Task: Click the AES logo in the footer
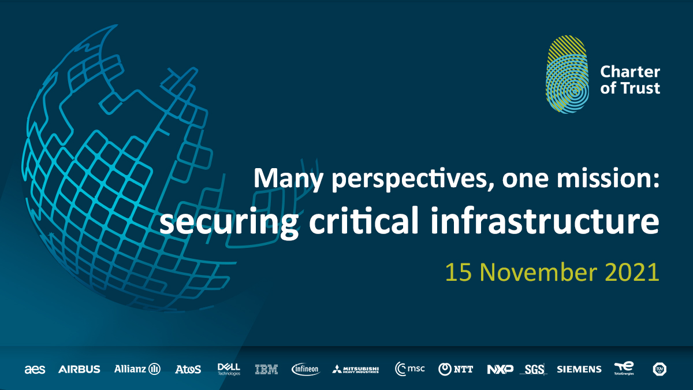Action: click(35, 369)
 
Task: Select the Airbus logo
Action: click(79, 369)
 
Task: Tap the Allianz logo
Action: click(137, 369)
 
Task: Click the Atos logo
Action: click(188, 369)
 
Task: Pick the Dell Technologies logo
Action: click(229, 369)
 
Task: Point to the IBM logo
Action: click(266, 369)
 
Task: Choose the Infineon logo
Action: click(305, 369)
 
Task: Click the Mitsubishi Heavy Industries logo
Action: click(356, 369)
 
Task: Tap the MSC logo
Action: click(410, 369)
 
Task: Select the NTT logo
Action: click(456, 369)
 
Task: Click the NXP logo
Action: click(500, 369)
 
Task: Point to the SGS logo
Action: click(534, 369)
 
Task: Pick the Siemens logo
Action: click(579, 369)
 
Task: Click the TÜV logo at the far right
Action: click(660, 369)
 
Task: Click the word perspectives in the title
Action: click(404, 178)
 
